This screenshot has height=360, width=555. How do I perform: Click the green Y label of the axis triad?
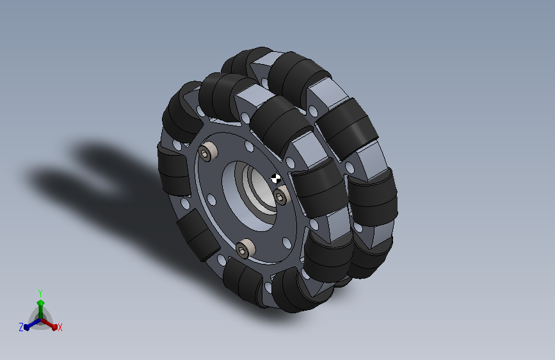40,293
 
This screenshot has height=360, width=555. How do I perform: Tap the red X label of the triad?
60,327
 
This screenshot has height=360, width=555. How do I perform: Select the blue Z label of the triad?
21,327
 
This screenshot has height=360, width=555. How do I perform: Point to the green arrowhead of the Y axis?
41,303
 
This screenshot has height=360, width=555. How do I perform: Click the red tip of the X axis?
54,327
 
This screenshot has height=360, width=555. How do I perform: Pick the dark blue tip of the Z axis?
27,327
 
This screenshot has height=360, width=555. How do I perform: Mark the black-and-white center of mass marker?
276,179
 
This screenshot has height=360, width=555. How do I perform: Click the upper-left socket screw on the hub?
208,152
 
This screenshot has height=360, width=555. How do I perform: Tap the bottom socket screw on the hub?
245,248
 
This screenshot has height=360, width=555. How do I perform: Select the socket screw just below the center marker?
282,195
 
